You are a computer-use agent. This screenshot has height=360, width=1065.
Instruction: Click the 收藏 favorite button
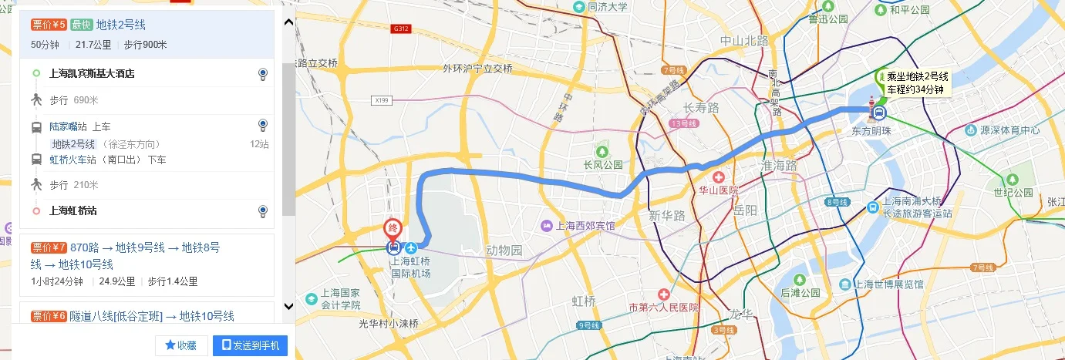(181, 345)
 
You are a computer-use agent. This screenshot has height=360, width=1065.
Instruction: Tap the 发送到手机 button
(250, 345)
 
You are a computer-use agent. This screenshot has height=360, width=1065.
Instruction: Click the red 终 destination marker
(393, 229)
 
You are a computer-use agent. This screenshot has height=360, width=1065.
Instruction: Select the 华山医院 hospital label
(718, 190)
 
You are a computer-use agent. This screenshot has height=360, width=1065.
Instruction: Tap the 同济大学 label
(607, 7)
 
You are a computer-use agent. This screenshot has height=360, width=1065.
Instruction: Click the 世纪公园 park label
(1013, 192)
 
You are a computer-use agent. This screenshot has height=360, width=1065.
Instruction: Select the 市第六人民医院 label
(663, 307)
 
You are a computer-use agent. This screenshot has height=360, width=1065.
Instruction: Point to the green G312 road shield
(399, 29)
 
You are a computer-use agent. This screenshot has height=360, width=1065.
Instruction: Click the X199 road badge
(380, 100)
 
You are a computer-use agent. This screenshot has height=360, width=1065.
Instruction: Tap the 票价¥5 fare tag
(49, 25)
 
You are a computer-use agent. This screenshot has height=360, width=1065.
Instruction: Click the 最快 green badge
(81, 25)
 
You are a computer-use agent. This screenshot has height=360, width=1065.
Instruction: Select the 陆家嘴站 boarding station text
(69, 126)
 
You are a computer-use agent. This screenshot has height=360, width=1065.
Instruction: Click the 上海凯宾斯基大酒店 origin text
(92, 74)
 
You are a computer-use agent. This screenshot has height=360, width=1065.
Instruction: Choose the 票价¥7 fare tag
(49, 247)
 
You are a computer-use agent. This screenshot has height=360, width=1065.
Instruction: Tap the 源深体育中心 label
(1009, 130)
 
